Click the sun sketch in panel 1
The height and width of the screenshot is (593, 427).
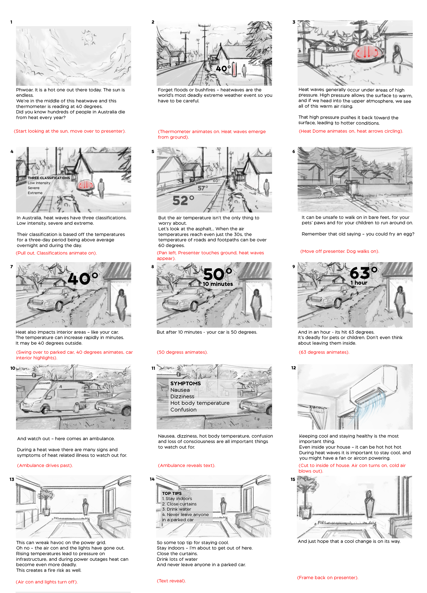coord(89,38)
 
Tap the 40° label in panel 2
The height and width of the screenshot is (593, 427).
coord(223,69)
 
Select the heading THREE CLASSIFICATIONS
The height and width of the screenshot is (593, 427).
coord(49,178)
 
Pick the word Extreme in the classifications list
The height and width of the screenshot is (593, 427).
coord(35,193)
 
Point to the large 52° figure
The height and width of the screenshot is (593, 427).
coord(183,201)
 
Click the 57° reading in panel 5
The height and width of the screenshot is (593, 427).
coord(203,188)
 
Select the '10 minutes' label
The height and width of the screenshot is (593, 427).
coord(218,284)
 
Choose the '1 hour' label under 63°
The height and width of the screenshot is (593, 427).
coord(359,283)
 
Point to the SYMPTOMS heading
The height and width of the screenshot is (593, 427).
coord(186,383)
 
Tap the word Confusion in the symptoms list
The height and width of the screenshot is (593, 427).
coord(183,410)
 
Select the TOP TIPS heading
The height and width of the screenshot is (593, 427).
coord(172,493)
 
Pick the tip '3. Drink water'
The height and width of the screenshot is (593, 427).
coord(177,509)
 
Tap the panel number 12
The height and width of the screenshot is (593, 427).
coord(294,368)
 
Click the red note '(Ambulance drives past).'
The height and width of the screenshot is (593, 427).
coord(45,465)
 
